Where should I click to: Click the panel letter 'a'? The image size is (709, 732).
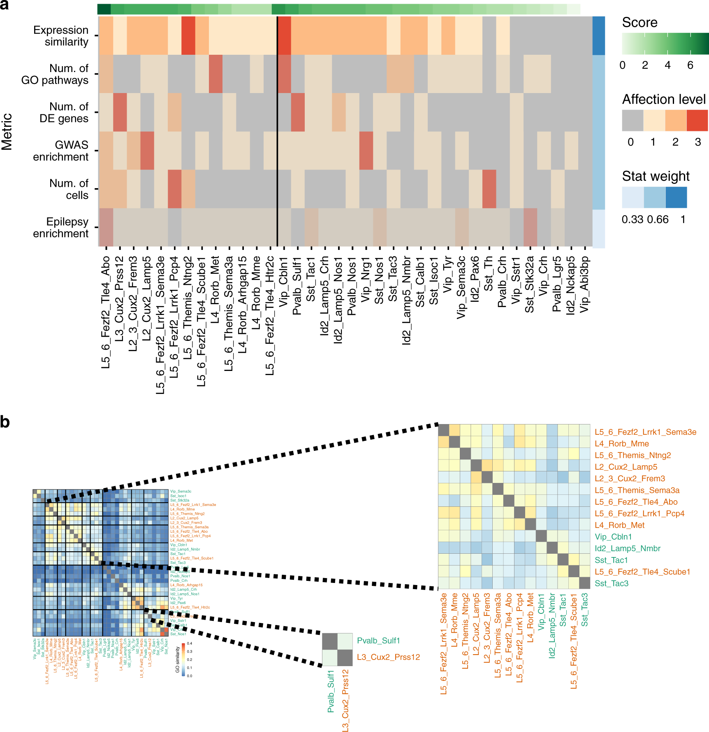(5, 6)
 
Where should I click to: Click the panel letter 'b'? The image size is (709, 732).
(5, 422)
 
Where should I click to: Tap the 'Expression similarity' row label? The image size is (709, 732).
(61, 36)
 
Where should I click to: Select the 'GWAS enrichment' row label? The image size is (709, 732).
(61, 151)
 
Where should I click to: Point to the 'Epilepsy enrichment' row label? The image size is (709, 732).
(61, 227)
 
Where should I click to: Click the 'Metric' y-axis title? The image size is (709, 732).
(7, 132)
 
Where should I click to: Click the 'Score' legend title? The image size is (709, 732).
(639, 23)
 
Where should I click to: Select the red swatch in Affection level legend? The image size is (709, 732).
(697, 120)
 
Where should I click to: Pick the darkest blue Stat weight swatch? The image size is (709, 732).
(676, 197)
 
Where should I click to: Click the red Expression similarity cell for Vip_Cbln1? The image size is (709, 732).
(284, 36)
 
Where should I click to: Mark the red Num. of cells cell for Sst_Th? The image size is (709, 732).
(489, 189)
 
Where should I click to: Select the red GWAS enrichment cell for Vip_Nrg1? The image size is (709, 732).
(366, 151)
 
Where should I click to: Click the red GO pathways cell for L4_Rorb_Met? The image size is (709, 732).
(215, 74)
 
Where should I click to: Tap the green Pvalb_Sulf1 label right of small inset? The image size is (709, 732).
(378, 641)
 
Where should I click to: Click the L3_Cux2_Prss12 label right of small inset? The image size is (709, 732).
(388, 657)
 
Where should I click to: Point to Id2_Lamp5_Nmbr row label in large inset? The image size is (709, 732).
(627, 548)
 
